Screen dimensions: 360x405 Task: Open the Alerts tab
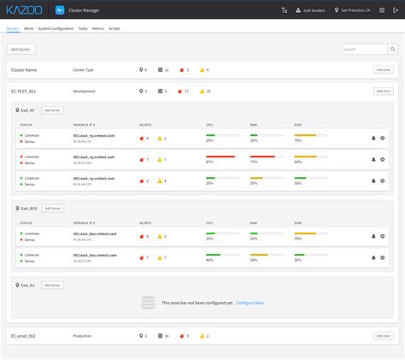(29, 28)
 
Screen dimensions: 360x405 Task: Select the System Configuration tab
(56, 28)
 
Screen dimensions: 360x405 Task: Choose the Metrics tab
(99, 28)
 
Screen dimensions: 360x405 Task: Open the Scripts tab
(114, 28)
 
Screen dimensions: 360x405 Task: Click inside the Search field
(360, 50)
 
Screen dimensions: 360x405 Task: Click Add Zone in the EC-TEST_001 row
(383, 91)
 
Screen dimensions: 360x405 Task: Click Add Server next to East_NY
(52, 110)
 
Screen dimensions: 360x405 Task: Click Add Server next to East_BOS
(53, 208)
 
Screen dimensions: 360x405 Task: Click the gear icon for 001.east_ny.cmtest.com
(382, 138)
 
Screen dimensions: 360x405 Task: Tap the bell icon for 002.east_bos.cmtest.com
(373, 255)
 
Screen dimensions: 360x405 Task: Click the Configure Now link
(249, 303)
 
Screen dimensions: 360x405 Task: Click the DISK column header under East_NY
(297, 125)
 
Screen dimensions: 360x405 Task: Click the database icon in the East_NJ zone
(148, 303)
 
